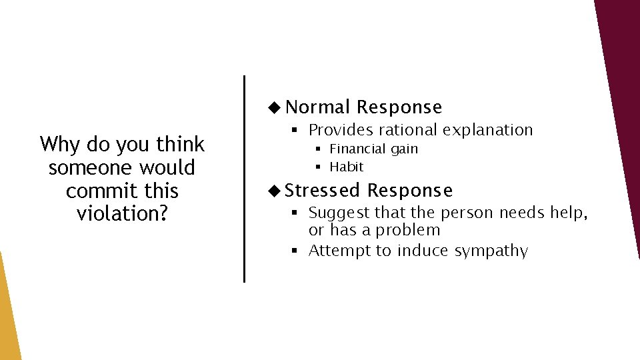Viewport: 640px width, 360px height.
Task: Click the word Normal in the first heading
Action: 318,107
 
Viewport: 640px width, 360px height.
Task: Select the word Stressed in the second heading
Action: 323,191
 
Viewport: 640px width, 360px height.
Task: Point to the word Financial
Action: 359,149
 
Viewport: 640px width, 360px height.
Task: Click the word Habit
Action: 347,167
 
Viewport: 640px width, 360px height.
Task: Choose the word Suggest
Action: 339,213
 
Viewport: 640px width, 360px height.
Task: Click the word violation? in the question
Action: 122,214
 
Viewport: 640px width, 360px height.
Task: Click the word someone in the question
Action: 89,167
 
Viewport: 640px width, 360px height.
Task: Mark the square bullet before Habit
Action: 319,167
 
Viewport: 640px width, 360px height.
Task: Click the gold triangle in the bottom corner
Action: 7,320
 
